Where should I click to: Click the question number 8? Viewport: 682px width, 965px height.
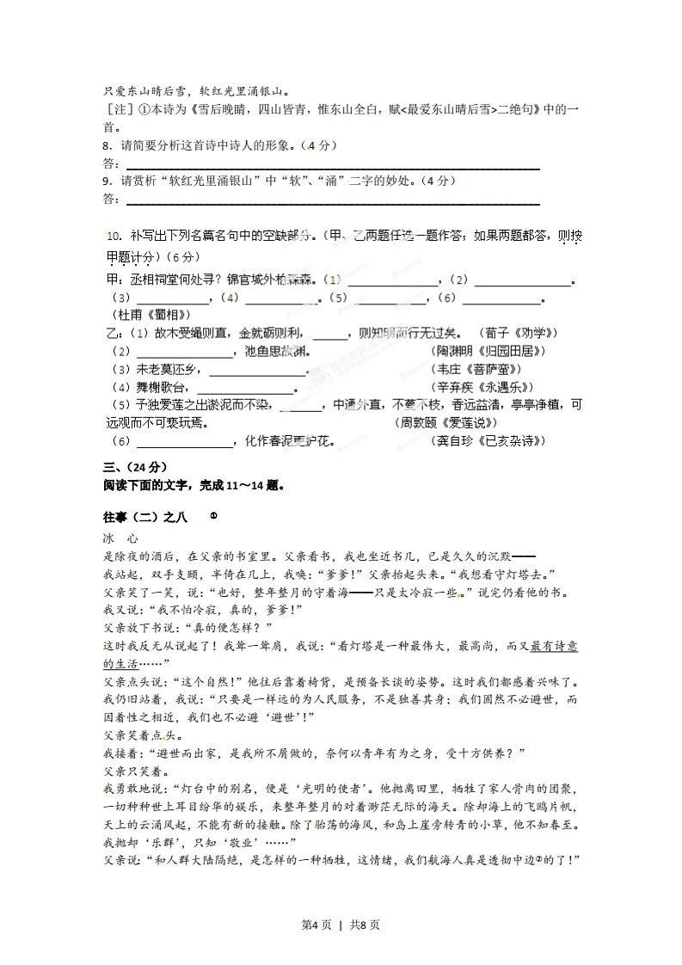click(106, 145)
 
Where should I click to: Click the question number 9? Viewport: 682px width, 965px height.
click(106, 181)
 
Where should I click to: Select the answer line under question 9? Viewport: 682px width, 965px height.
click(333, 203)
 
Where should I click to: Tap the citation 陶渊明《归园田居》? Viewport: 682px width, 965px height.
click(489, 351)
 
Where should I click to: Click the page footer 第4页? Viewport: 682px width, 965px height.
click(314, 925)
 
